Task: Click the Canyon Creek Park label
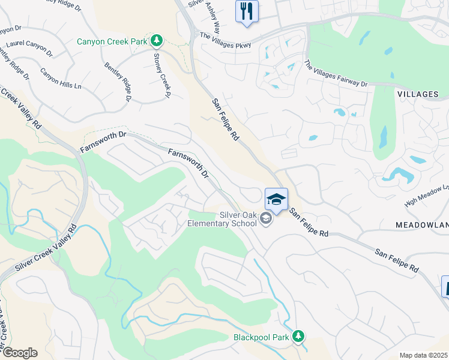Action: [x=112, y=41]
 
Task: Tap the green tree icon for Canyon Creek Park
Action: [x=157, y=41]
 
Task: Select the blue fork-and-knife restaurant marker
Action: [x=247, y=10]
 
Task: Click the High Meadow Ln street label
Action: [x=427, y=196]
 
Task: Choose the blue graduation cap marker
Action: [x=276, y=199]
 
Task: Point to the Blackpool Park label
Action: [x=261, y=337]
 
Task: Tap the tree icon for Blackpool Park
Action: [x=298, y=336]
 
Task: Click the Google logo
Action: [x=19, y=353]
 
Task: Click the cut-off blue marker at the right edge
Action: [x=445, y=286]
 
